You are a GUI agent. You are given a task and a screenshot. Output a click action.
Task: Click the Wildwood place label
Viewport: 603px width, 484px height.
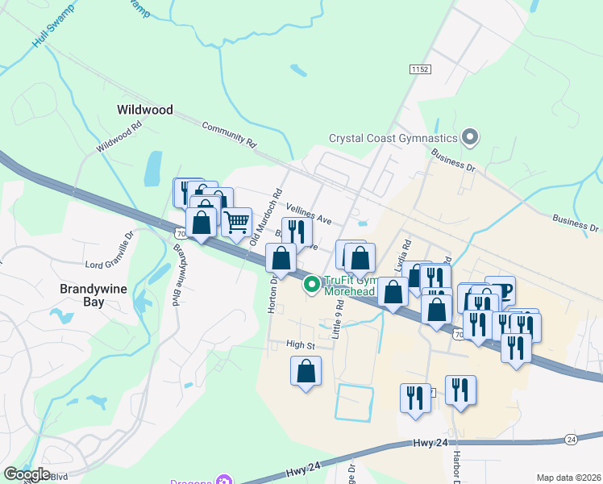tap(144, 109)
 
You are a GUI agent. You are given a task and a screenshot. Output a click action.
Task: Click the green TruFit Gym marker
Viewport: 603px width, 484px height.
tap(312, 284)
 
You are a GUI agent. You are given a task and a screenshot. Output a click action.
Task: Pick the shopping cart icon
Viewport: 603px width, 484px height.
tap(236, 222)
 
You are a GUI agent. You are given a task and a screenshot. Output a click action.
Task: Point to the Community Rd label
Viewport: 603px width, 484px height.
tap(229, 134)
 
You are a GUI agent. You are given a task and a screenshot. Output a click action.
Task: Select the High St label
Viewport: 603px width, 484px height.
tap(299, 344)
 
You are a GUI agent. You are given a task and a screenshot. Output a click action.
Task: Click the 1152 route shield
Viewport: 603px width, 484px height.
tap(418, 70)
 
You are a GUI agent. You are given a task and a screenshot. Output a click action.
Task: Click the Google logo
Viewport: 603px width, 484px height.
tap(27, 474)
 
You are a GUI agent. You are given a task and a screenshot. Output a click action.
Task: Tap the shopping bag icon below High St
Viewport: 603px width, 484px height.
tap(306, 372)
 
